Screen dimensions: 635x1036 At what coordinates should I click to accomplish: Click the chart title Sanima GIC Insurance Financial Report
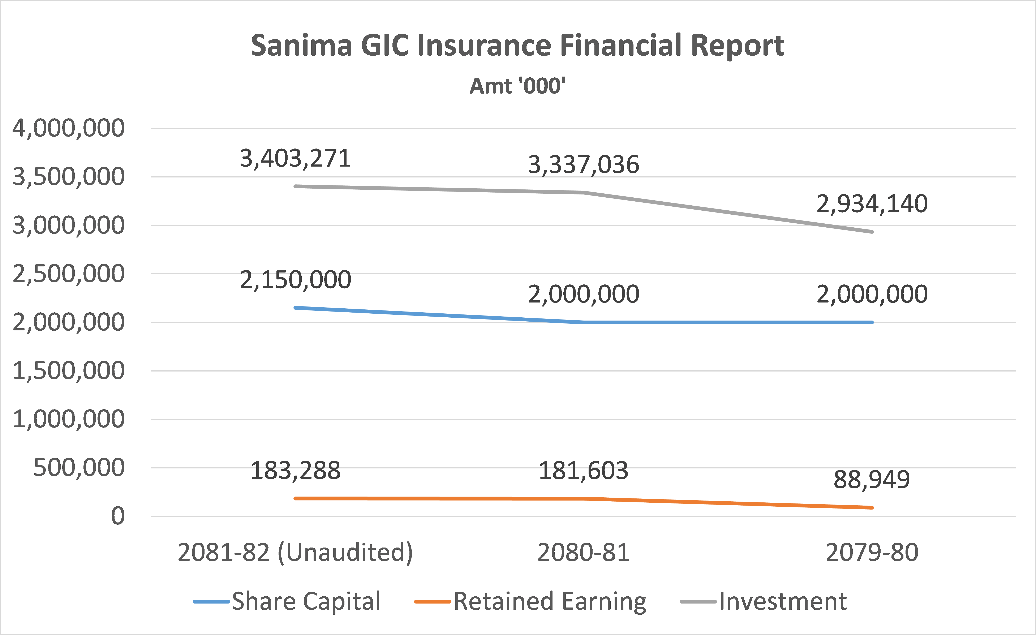click(x=517, y=46)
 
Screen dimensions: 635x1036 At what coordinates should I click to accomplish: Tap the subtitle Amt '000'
click(x=517, y=86)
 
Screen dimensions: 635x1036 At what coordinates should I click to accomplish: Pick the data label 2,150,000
click(x=295, y=280)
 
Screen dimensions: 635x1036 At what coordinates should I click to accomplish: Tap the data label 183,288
click(x=295, y=471)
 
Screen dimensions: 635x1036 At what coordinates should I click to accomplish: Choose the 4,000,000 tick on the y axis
click(x=69, y=128)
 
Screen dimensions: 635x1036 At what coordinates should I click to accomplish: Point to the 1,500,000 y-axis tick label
click(x=69, y=371)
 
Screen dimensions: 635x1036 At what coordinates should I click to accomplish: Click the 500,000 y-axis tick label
click(x=79, y=468)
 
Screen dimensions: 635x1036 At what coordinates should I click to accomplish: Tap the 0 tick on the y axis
click(x=118, y=516)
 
